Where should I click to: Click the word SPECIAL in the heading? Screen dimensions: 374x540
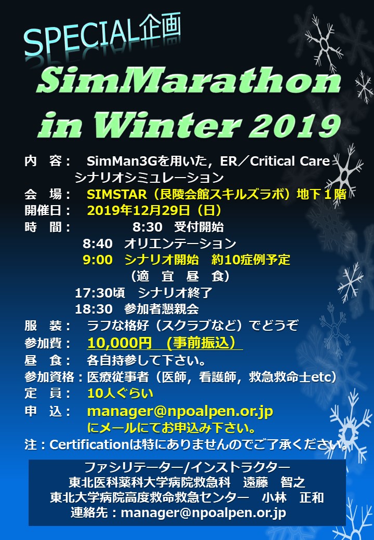(82, 37)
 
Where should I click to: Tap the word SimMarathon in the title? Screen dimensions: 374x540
(189, 80)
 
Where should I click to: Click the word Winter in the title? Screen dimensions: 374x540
(167, 125)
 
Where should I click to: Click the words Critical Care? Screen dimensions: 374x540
(290, 161)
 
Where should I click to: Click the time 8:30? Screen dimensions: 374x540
(148, 227)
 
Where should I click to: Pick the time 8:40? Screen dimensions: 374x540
(98, 244)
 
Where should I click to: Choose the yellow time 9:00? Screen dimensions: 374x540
(98, 260)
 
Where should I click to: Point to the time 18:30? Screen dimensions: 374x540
(94, 309)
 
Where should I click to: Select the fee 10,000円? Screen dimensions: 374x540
(119, 343)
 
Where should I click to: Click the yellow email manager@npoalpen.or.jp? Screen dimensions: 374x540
(180, 411)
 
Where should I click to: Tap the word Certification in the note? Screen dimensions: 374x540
(89, 444)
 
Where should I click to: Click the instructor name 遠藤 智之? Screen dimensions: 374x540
(274, 482)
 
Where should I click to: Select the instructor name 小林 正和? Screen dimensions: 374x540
(293, 497)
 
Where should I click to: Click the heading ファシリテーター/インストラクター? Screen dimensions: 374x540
(188, 467)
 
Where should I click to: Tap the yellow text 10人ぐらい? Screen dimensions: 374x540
(120, 393)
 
